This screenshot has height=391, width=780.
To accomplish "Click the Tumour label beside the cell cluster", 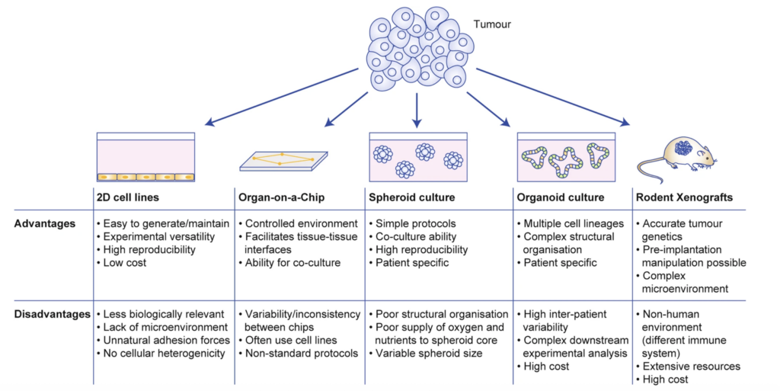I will point(492,24).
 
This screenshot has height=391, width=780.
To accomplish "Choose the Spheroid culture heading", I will point(411,197).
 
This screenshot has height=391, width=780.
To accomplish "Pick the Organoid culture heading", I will point(560,197).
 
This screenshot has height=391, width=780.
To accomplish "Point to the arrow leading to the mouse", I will point(552,96).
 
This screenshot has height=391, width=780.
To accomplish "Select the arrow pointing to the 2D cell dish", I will point(282,95).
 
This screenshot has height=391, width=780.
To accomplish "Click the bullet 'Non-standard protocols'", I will point(302,353).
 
